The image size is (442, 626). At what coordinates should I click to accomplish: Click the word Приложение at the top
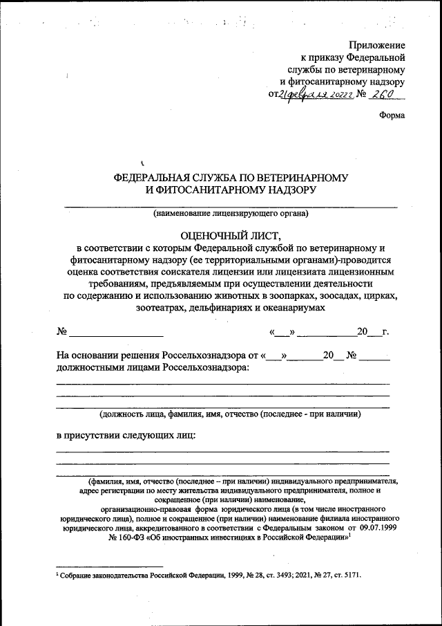378,44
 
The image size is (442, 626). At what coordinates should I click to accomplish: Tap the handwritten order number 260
381,95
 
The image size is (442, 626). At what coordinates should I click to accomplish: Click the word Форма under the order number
392,116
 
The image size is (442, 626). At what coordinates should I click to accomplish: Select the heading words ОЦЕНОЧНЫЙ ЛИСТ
230,234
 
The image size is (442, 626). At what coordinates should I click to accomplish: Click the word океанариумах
291,308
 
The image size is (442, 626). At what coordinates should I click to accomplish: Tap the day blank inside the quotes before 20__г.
282,333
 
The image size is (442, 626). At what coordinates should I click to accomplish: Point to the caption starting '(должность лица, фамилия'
230,414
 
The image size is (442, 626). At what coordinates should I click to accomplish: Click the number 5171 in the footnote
349,575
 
